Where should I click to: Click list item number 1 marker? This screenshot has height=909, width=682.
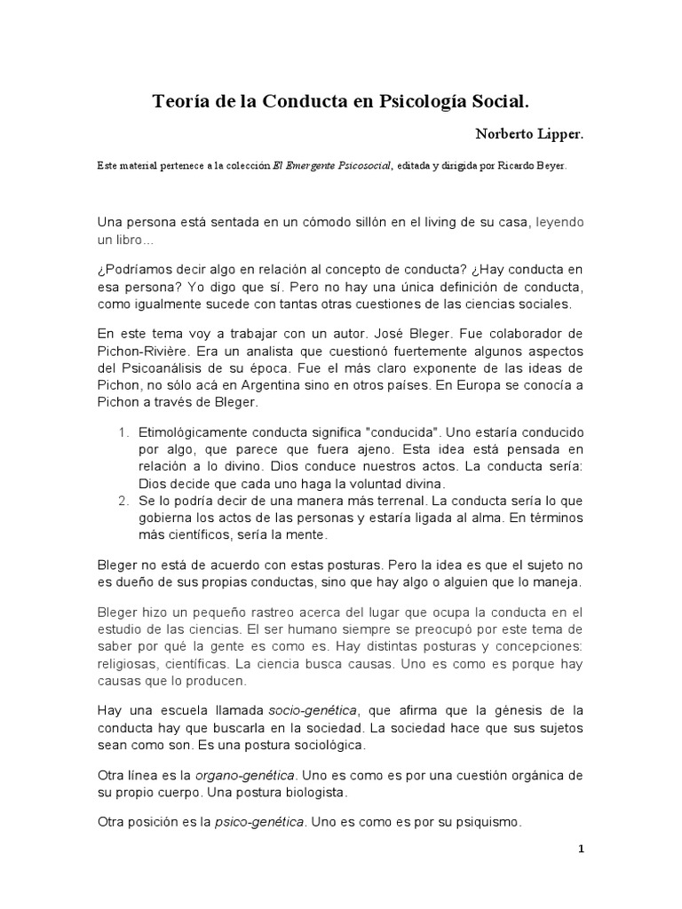(x=123, y=432)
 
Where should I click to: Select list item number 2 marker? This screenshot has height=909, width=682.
(x=123, y=500)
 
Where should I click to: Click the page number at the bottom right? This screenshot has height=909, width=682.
(x=581, y=849)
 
